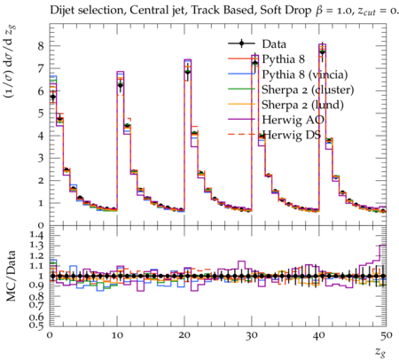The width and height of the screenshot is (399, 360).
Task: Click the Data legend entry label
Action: coord(274,44)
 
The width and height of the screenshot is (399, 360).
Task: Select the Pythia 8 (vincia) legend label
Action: coord(305,74)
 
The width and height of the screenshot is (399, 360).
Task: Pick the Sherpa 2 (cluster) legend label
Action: coord(308,90)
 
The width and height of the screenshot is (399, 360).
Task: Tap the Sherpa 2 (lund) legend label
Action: coord(302,105)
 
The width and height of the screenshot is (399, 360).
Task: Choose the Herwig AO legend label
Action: coord(293,120)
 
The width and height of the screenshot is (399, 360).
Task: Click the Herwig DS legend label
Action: coord(292,135)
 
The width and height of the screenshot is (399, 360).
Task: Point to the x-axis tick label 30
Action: coord(252,336)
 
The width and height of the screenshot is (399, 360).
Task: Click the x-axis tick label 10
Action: coord(117,336)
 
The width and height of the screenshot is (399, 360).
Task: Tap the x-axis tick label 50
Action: coord(386,336)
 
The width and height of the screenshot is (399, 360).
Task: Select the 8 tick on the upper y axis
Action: coord(41,46)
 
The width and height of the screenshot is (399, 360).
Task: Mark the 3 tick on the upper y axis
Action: coord(41,158)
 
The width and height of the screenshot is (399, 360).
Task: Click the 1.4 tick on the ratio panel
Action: coord(35,236)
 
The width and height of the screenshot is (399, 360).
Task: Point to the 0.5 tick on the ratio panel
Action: coord(35,325)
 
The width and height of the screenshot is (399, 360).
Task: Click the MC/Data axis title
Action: coord(12,276)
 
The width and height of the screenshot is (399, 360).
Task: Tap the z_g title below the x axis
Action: coord(380,352)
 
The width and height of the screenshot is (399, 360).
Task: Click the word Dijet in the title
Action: coord(61,11)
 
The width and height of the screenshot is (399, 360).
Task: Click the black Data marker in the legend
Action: coord(241,43)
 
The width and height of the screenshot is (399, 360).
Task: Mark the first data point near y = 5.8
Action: coord(53,97)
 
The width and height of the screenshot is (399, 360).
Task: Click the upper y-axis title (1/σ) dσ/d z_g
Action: coord(11,63)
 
